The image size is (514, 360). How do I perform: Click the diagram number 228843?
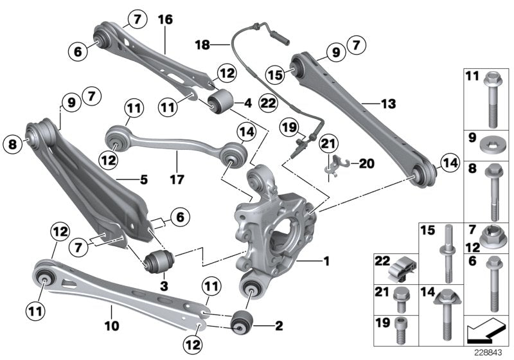[486, 352]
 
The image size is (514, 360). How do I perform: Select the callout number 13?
[388, 102]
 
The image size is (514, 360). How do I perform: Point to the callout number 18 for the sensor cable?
[203, 44]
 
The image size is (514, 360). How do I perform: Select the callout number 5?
[143, 181]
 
